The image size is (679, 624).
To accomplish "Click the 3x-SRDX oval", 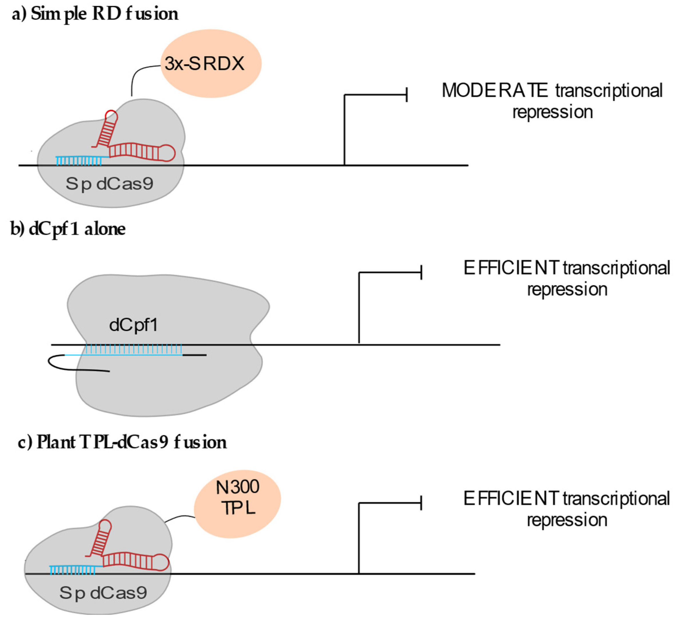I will point(211,63).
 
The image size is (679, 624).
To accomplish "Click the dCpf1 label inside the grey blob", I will point(133,325).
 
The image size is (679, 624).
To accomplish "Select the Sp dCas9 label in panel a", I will point(109,184).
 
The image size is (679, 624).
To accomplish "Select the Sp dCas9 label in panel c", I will point(103,593).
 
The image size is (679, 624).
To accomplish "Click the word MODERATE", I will point(494,91).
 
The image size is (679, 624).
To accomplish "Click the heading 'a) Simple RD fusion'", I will point(95,14).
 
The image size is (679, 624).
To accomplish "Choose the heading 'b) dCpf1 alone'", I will point(68,229).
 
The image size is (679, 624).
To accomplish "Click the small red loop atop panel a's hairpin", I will point(111,116).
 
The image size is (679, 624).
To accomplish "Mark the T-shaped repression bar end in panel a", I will point(407,95).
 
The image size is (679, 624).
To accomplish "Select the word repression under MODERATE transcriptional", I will point(552,112).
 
